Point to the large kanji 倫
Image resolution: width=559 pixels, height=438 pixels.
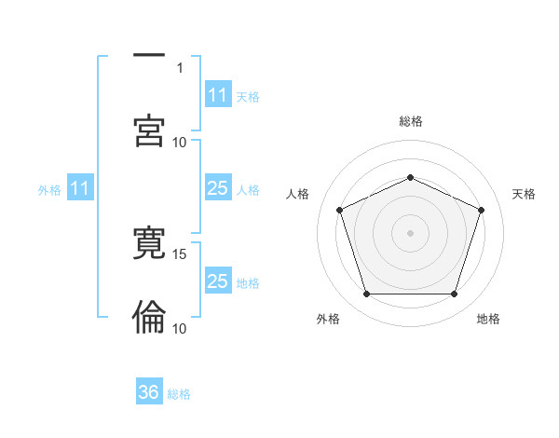click(149, 317)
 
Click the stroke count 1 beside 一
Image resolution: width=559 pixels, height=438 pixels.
click(180, 67)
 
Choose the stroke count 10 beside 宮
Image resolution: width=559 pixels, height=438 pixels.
click(180, 142)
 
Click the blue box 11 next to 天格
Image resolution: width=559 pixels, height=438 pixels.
click(218, 95)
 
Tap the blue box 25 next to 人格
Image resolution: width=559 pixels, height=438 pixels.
click(218, 188)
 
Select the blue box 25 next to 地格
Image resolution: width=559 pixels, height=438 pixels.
click(218, 281)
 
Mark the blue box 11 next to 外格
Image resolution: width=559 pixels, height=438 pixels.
click(80, 188)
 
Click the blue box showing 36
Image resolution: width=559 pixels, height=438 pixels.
click(149, 392)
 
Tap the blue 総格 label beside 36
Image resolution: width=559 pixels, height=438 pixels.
click(180, 394)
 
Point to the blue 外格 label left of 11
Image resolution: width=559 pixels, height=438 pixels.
click(49, 189)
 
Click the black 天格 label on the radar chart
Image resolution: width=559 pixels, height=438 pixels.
click(525, 194)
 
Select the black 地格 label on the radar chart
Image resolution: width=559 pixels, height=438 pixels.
click(488, 319)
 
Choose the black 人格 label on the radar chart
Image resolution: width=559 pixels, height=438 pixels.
click(298, 194)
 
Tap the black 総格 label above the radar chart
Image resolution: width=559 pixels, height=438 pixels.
click(411, 121)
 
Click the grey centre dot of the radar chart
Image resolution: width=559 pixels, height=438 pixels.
click(410, 232)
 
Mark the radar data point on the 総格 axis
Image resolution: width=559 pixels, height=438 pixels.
click(410, 176)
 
